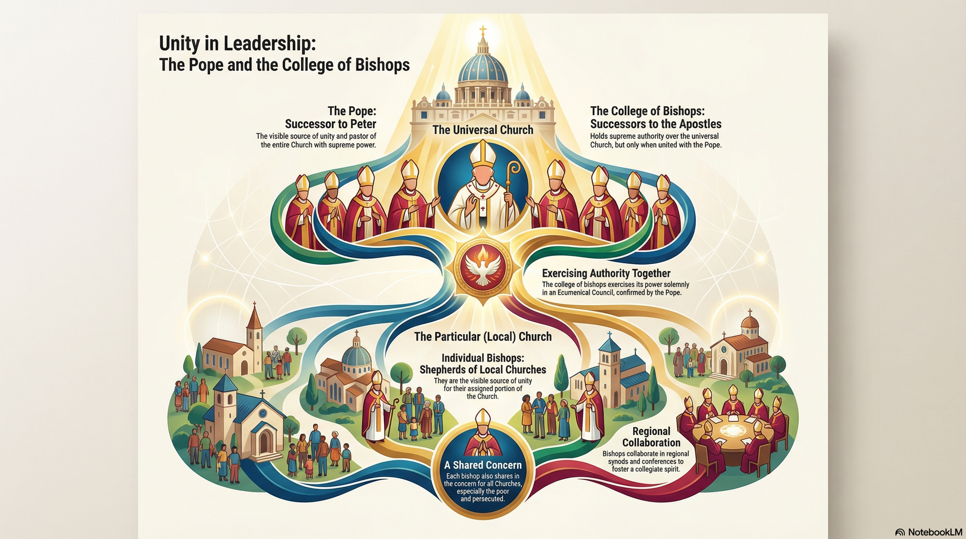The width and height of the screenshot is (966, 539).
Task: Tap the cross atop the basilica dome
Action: [x=482, y=32]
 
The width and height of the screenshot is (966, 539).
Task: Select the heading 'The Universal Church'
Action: [x=483, y=130]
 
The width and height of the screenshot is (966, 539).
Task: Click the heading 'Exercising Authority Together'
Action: [x=606, y=273]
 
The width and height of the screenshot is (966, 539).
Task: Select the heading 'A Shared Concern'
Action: [x=483, y=465]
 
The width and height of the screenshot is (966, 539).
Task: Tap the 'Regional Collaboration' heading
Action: [x=651, y=437]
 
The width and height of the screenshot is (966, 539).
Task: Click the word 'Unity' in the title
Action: [x=179, y=43]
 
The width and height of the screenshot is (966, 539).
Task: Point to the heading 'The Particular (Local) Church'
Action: [x=483, y=337]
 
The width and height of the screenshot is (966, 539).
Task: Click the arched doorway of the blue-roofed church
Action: [x=264, y=440]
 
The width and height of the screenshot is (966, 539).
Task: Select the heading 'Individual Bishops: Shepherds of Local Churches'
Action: [x=483, y=364]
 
